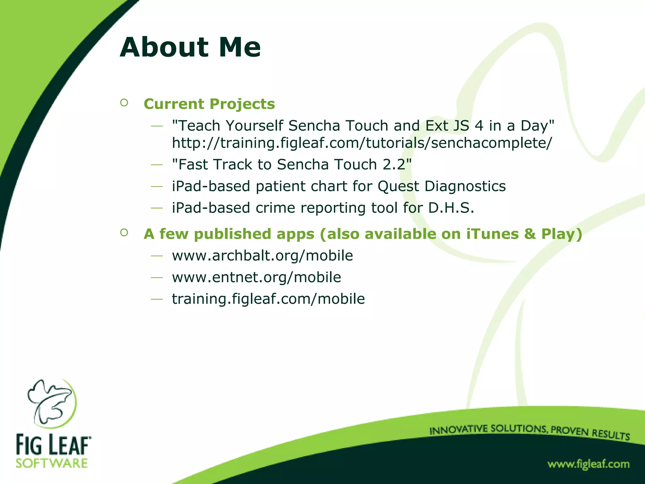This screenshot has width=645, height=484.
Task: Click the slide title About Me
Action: pyautogui.click(x=190, y=48)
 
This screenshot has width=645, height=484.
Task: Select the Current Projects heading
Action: pyautogui.click(x=209, y=104)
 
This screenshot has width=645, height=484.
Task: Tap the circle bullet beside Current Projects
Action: pyautogui.click(x=124, y=103)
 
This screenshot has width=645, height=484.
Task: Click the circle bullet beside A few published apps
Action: pyautogui.click(x=124, y=233)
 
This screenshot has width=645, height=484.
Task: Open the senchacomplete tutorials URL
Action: pyautogui.click(x=362, y=143)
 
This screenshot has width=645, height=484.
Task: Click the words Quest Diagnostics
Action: pyautogui.click(x=442, y=186)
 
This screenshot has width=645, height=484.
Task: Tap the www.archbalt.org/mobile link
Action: pyautogui.click(x=262, y=256)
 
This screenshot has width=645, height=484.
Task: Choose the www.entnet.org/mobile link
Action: pyautogui.click(x=256, y=277)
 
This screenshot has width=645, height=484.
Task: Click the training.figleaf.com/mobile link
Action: pyautogui.click(x=268, y=299)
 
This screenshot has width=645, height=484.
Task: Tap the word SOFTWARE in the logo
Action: pyautogui.click(x=52, y=464)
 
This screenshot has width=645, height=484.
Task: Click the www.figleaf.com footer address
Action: pyautogui.click(x=588, y=464)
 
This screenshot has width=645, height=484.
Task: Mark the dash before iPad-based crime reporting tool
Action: pyautogui.click(x=157, y=208)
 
